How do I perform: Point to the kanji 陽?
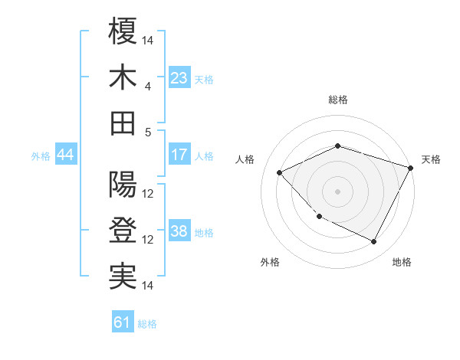coord(123,185)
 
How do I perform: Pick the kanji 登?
coord(123,231)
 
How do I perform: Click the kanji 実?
coord(123,277)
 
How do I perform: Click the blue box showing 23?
coord(179,78)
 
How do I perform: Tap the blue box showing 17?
coord(179,155)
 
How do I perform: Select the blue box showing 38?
coord(179,232)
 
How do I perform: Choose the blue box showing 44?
coord(65,155)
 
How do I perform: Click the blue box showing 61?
coord(123,322)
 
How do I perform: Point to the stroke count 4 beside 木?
coord(148,86)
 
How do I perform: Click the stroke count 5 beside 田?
coord(148,132)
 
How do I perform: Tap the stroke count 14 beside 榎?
coord(148,40)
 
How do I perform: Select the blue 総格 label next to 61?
coord(147,324)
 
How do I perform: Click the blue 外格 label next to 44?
coord(41,156)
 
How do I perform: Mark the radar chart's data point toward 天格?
coord(411,168)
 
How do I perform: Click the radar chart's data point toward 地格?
coord(374,242)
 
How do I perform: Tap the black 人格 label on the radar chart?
coord(245,159)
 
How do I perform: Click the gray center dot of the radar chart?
coord(337,191)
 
